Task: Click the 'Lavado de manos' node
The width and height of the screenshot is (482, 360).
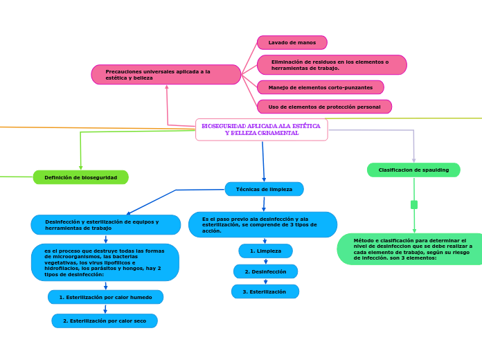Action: pos(292,43)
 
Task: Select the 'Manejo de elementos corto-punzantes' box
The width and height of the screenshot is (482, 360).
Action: pos(320,88)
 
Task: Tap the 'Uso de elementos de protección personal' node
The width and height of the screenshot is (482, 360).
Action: pos(324,107)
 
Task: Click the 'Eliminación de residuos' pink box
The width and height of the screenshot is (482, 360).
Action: pos(332,65)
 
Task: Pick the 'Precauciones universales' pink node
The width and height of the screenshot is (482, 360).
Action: pos(166,75)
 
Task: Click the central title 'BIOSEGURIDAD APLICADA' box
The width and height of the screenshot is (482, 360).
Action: pos(261,129)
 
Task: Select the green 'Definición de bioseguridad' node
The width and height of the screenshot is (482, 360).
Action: pos(80,178)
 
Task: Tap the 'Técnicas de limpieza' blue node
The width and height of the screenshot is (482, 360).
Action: pos(264,189)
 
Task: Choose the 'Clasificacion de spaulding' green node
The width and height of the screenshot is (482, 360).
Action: pos(413,170)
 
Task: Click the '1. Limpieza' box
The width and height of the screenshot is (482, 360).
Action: pos(265,251)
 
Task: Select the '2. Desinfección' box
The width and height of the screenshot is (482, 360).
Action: pos(265,272)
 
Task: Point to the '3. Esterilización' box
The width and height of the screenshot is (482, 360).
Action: pos(265,292)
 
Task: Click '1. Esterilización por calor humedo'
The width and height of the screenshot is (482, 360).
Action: pos(105,298)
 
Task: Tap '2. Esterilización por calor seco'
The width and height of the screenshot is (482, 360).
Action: pos(105,321)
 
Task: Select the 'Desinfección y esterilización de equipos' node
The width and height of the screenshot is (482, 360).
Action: pos(105,225)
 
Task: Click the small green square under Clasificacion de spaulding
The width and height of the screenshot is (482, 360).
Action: pos(414,205)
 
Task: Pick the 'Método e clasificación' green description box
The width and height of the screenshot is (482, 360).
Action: pos(410,249)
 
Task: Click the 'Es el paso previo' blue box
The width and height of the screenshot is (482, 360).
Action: pos(262,225)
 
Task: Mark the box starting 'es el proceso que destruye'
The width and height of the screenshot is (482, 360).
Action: pos(105,262)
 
